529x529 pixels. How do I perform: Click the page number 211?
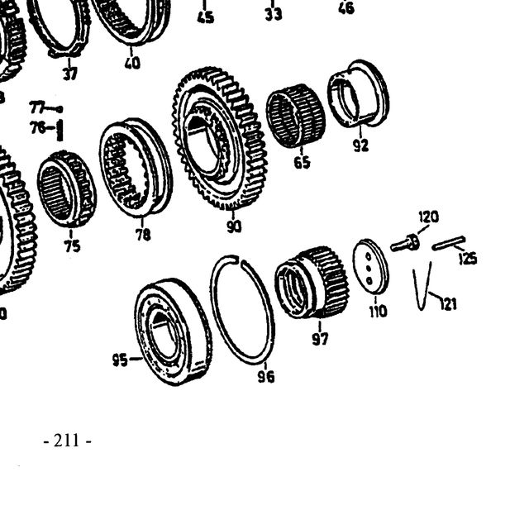pos(67,441)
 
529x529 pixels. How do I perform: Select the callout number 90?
pos(234,226)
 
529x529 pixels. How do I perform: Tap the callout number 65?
pos(302,163)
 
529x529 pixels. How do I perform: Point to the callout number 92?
pos(360,145)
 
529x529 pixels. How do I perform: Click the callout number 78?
pos(143,235)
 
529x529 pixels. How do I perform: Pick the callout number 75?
pos(73,246)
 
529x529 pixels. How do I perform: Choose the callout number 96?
pos(266,377)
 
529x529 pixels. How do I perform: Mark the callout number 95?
pos(120,360)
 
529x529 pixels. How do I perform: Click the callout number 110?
pos(379,311)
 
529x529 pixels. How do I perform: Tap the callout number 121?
pos(449,304)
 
